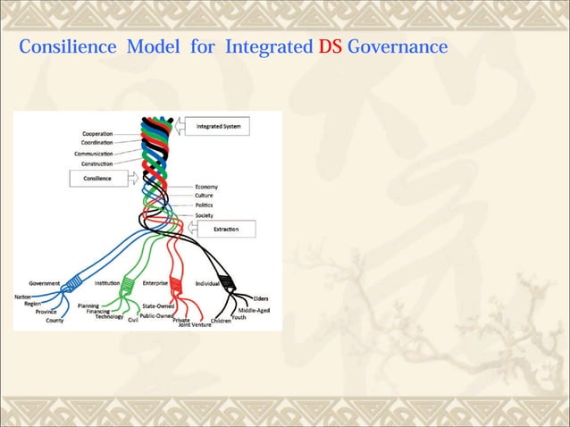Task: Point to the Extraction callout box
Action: (x=225, y=230)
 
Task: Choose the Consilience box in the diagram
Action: (x=98, y=178)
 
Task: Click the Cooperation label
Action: (x=97, y=134)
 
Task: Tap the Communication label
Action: (x=94, y=154)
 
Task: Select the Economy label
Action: (x=206, y=187)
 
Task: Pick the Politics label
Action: (x=205, y=205)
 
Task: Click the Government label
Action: (x=45, y=283)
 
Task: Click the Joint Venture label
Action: (x=194, y=324)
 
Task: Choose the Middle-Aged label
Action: (x=254, y=310)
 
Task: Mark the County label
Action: (x=55, y=320)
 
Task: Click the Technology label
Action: (x=109, y=316)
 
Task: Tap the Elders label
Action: (x=261, y=298)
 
